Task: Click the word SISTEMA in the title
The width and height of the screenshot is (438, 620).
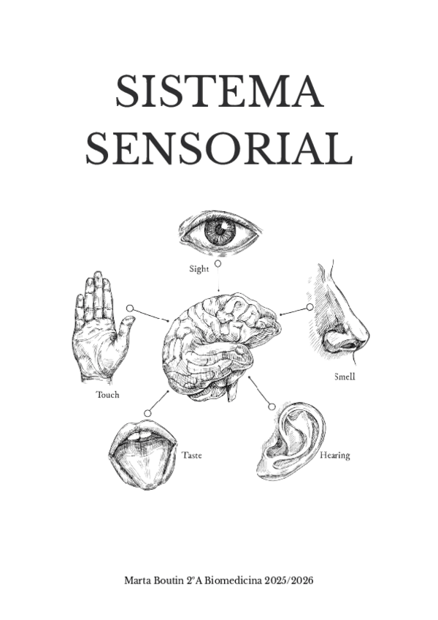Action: (x=219, y=93)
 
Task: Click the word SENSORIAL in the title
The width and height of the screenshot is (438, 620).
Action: (x=219, y=148)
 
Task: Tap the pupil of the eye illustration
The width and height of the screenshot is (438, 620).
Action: (x=220, y=232)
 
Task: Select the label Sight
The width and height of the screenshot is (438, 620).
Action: (x=199, y=268)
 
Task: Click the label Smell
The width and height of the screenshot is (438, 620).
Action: (x=345, y=377)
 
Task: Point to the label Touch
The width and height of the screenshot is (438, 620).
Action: (x=107, y=395)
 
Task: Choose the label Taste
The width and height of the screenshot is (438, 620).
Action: (x=191, y=455)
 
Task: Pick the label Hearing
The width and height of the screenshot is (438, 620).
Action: (x=334, y=455)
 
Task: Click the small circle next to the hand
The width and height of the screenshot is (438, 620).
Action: (x=129, y=309)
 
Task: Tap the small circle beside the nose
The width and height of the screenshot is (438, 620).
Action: (x=310, y=307)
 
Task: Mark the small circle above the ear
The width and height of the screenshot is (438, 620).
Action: (x=272, y=406)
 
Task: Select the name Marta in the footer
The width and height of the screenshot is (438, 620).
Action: (x=139, y=580)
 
